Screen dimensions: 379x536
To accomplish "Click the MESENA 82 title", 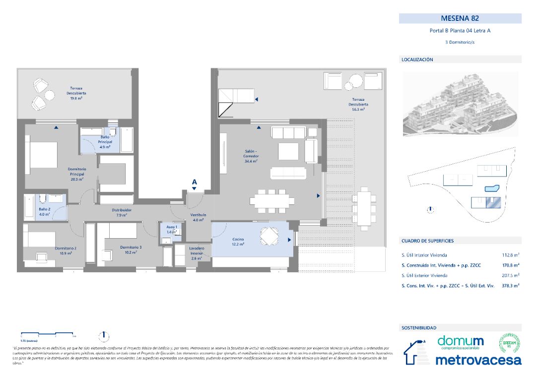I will pyautogui.click(x=460, y=18).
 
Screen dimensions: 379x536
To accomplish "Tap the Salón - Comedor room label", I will pyautogui.click(x=251, y=156).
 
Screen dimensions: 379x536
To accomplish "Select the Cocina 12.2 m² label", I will pyautogui.click(x=238, y=242).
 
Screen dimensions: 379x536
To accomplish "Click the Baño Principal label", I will pyautogui.click(x=105, y=142).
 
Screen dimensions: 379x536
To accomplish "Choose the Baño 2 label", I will pyautogui.click(x=44, y=212).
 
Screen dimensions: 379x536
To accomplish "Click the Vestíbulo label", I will pyautogui.click(x=199, y=217).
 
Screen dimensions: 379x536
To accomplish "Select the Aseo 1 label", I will pyautogui.click(x=172, y=229).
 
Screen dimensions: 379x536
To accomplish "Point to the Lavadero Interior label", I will pyautogui.click(x=197, y=253).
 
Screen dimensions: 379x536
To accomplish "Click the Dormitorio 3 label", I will pyautogui.click(x=131, y=249).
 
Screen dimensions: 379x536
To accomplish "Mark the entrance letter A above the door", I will pyautogui.click(x=194, y=182).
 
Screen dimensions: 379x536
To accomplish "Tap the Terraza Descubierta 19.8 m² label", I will pyautogui.click(x=76, y=93).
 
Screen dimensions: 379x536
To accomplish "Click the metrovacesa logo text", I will pyautogui.click(x=478, y=360).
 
